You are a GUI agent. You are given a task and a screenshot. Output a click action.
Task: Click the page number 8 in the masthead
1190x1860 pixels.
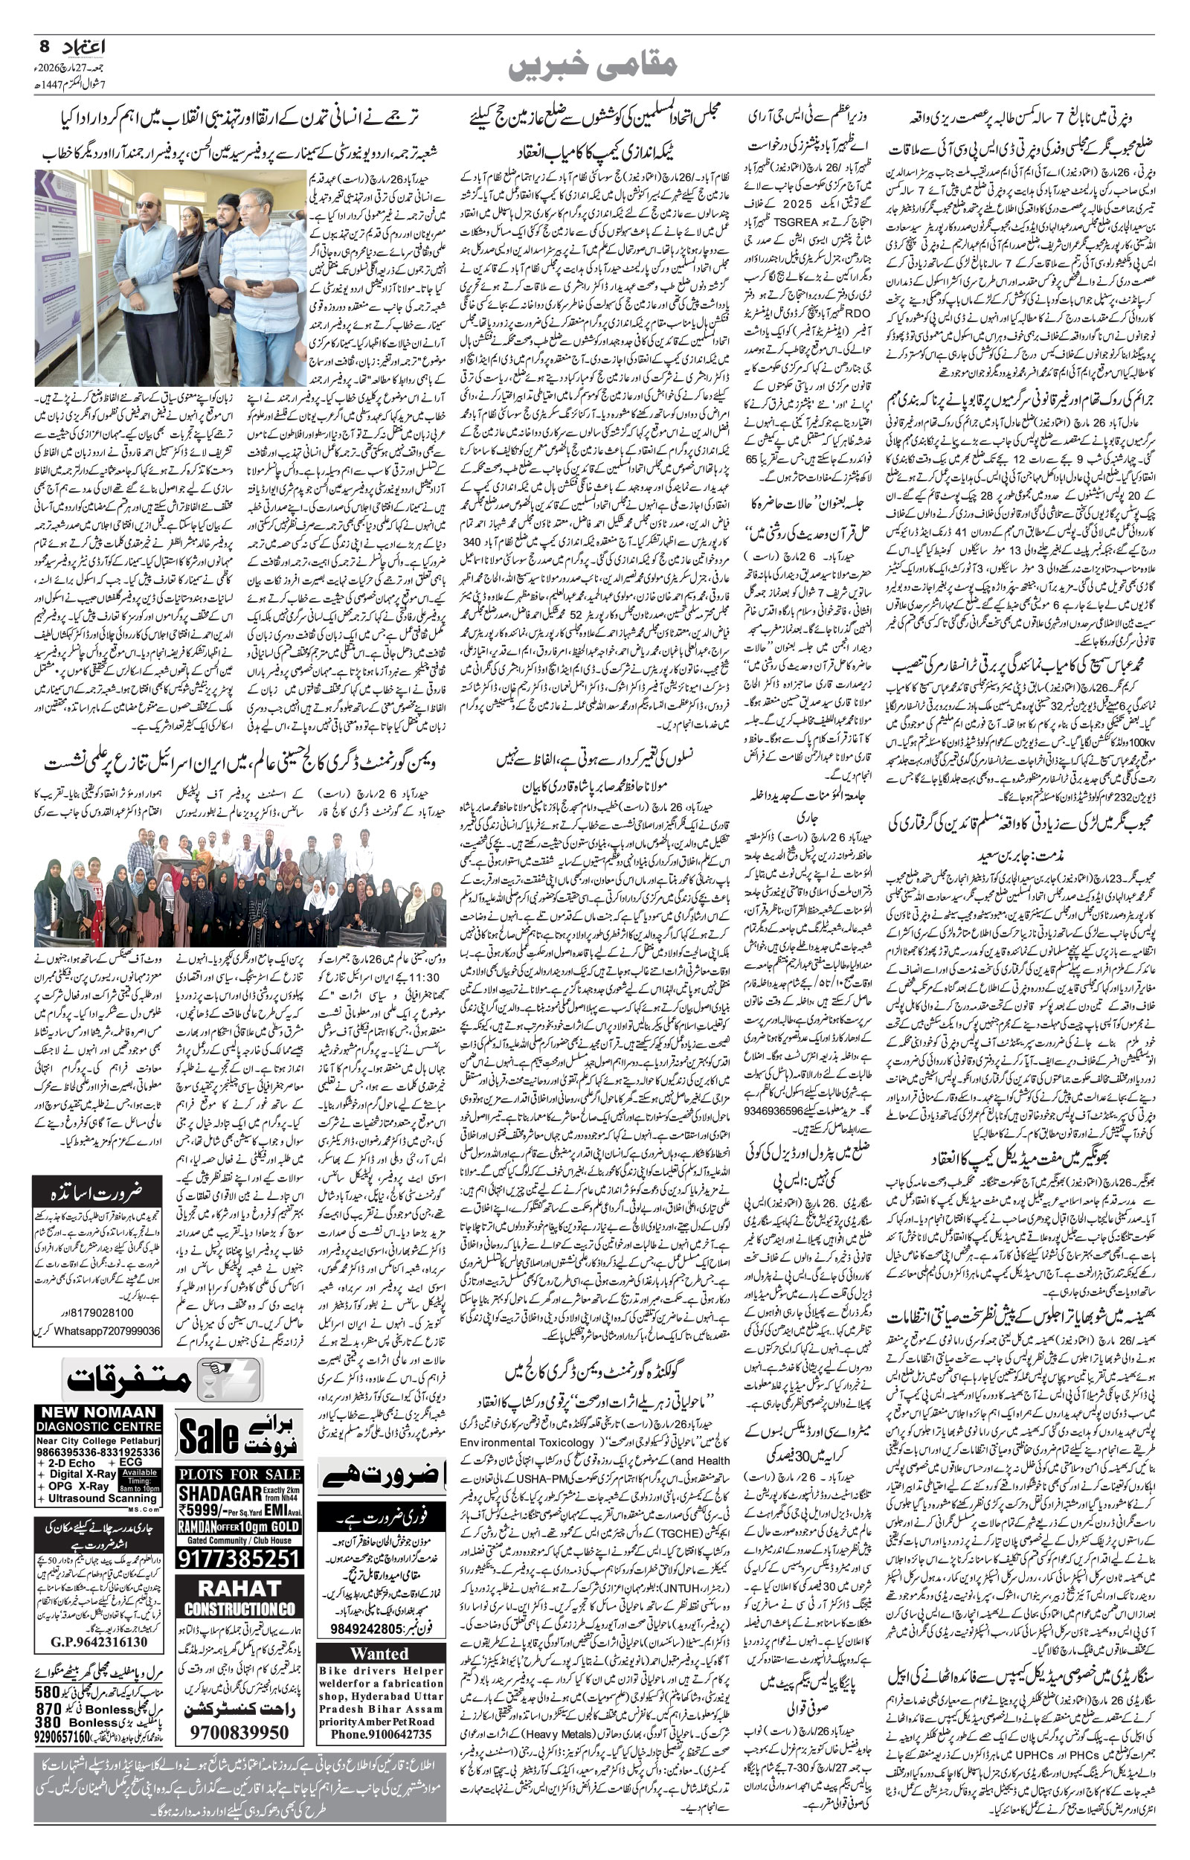pyautogui.click(x=44, y=46)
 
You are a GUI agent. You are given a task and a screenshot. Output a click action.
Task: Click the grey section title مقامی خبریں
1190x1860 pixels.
pyautogui.click(x=594, y=64)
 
